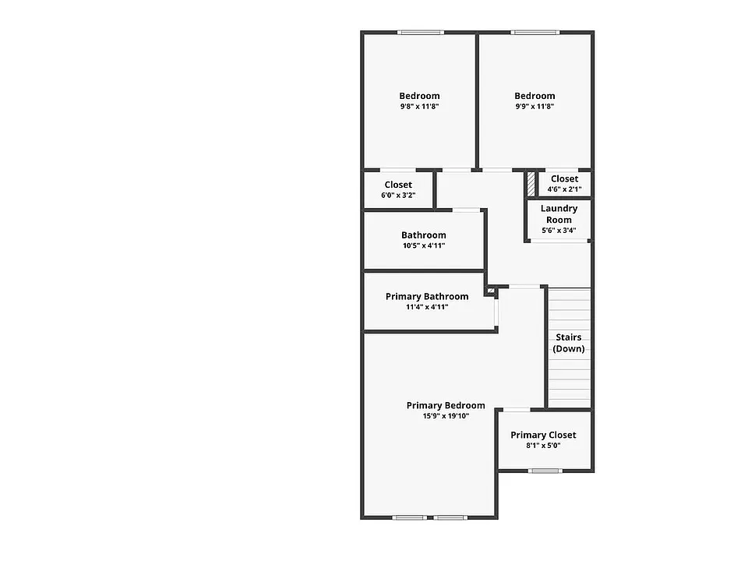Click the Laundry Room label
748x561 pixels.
[x=559, y=214]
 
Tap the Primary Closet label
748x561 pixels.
[x=543, y=435]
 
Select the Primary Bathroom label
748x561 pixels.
[x=427, y=297]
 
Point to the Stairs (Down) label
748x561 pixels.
[x=569, y=343]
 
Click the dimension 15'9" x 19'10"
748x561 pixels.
[x=446, y=416]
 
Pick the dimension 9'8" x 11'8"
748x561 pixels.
[x=420, y=107]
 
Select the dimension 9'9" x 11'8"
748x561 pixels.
[x=535, y=107]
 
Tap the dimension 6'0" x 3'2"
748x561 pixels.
[x=398, y=195]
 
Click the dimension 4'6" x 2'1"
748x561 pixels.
[x=564, y=189]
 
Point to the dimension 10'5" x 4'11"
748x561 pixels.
[x=424, y=245]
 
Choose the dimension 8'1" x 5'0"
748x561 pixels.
[x=543, y=446]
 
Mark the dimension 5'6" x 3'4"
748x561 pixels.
[x=559, y=231]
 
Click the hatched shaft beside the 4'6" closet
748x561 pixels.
[x=531, y=183]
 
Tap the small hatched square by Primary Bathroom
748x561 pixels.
[x=491, y=290]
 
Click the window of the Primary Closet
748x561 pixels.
[x=545, y=471]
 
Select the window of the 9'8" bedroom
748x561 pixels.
[x=421, y=33]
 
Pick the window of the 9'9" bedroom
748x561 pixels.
[x=535, y=33]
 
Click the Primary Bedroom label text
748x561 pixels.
[x=446, y=405]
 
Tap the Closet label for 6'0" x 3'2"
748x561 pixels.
[x=398, y=185]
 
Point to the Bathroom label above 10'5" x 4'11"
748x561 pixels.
[x=424, y=235]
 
